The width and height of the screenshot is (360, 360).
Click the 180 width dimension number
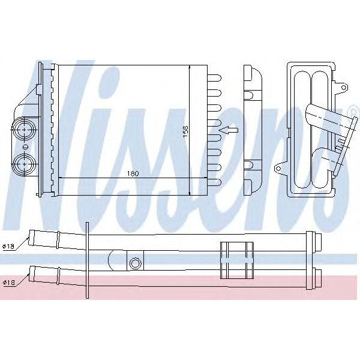(x=133, y=173)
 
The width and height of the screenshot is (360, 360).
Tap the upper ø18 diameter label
(x=8, y=246)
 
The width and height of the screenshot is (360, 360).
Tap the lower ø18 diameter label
(x=8, y=282)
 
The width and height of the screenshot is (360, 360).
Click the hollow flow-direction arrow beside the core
(x=228, y=129)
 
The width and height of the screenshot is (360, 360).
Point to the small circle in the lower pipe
(x=135, y=263)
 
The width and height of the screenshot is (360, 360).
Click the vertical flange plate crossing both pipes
(x=88, y=260)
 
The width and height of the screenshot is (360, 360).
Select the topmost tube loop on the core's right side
(x=215, y=77)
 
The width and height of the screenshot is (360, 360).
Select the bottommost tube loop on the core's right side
(x=215, y=181)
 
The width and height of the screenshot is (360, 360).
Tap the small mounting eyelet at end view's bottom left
(x=278, y=169)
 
